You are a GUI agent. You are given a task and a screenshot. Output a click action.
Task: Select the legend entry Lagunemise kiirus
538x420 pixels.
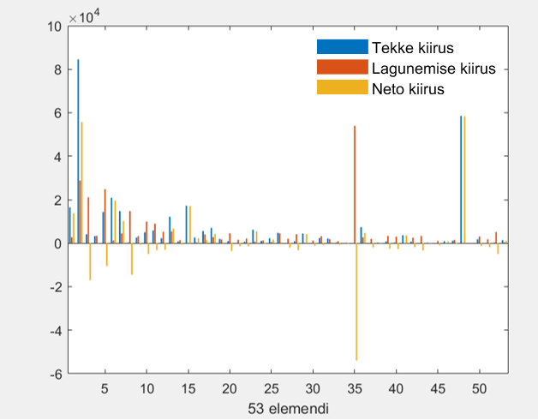433,67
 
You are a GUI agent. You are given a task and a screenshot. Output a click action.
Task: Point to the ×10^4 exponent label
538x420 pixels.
85,15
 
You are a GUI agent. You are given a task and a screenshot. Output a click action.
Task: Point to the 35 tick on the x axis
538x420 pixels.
355,388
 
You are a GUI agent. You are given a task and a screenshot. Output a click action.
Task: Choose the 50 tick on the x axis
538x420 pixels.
479,388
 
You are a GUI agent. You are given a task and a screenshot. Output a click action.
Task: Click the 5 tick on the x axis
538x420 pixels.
105,388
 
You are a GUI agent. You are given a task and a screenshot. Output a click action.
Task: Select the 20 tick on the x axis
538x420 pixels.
230,388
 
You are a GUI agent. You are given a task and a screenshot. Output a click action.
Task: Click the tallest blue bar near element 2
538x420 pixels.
78,154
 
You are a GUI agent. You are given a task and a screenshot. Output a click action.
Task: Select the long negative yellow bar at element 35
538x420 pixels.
356,300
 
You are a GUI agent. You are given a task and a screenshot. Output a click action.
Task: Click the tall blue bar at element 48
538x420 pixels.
461,180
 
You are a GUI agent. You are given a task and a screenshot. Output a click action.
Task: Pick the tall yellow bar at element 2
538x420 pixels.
82,184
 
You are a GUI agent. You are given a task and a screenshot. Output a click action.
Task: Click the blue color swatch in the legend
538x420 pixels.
342,46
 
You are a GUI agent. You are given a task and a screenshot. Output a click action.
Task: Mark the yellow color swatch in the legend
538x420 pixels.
342,87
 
